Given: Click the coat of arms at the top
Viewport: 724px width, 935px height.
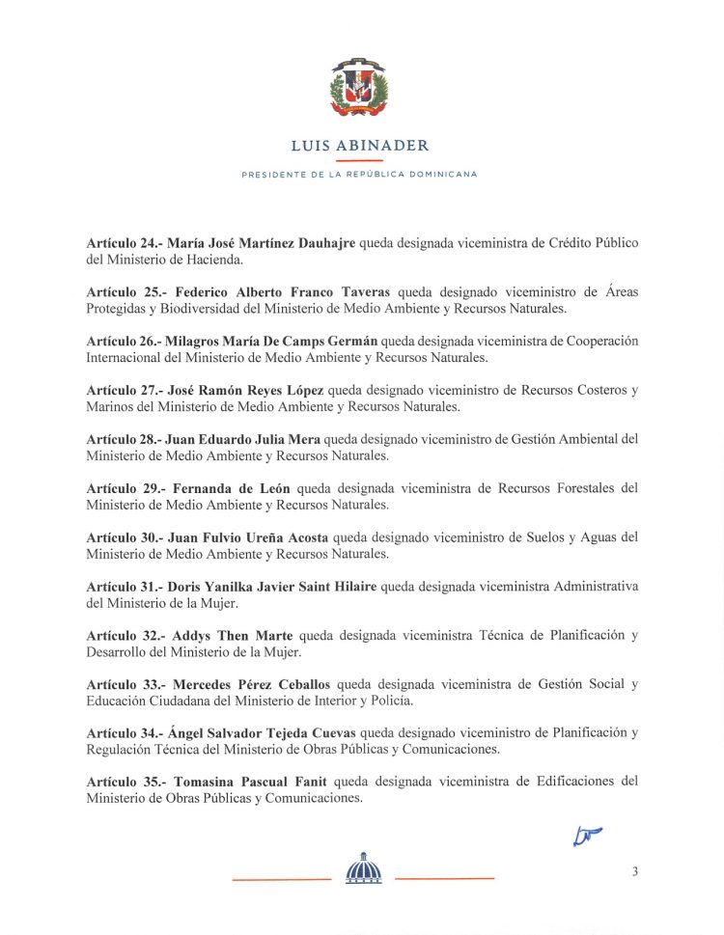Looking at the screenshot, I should click(x=359, y=89).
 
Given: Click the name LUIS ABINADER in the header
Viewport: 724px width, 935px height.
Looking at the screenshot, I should click(x=360, y=146).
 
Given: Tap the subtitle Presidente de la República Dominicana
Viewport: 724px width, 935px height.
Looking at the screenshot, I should click(x=360, y=175).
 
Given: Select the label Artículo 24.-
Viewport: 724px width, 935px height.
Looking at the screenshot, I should click(x=124, y=243).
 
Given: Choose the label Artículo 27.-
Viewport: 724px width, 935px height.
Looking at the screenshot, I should click(x=124, y=391).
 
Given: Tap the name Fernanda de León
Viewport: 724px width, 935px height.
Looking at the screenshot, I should click(x=231, y=488).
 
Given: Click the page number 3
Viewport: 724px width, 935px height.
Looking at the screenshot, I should click(x=634, y=871).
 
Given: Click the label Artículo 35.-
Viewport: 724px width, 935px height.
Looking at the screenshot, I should click(x=124, y=782).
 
